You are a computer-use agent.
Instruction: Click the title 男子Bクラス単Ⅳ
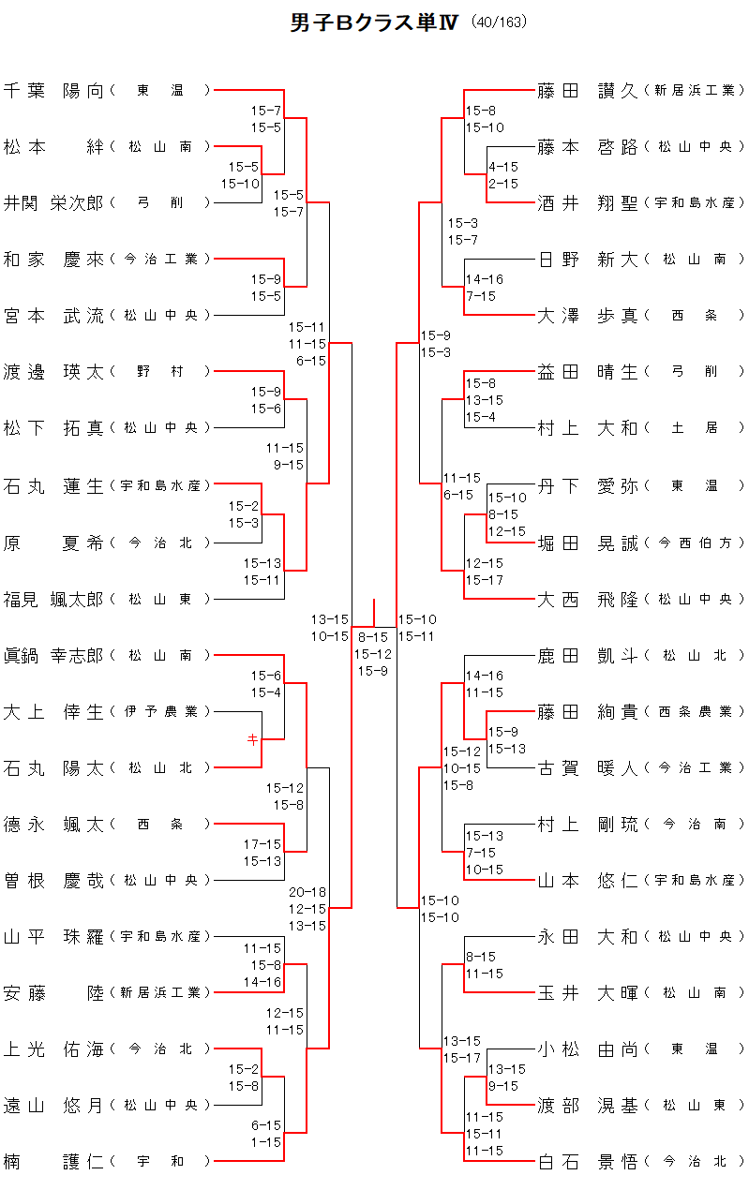[374, 23]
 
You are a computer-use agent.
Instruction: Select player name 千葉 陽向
[53, 91]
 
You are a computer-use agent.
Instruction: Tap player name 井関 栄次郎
[53, 202]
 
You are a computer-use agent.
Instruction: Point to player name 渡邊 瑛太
[53, 372]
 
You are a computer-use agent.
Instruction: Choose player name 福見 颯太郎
[53, 599]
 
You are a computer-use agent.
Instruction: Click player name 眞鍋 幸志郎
[53, 655]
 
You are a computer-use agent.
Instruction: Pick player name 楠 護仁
[53, 1162]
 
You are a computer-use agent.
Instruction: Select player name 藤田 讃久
[588, 91]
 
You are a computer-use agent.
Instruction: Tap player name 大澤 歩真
[588, 316]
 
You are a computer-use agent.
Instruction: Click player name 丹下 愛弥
[588, 485]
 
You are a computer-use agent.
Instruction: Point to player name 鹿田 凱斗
[588, 655]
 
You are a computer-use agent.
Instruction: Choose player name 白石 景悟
[588, 1162]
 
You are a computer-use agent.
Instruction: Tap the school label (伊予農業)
[160, 712]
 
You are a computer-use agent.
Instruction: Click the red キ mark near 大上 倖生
[252, 739]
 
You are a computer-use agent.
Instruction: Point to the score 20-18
[307, 892]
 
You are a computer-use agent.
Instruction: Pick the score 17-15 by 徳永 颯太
[262, 844]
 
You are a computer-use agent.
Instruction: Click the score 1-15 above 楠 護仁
[266, 1142]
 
